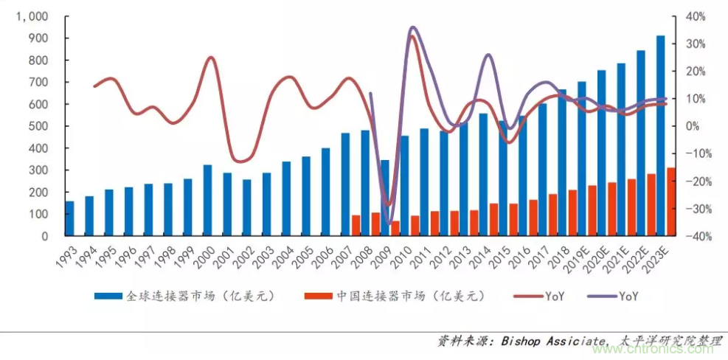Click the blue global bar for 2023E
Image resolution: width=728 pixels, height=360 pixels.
[x=660, y=136]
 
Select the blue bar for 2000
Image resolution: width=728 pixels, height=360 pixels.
[x=207, y=200]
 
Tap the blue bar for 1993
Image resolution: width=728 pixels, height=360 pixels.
[x=69, y=218]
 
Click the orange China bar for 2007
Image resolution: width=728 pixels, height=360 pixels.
[x=356, y=226]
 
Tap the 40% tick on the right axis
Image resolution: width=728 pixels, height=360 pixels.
[x=696, y=16]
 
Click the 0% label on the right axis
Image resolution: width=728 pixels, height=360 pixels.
[x=693, y=126]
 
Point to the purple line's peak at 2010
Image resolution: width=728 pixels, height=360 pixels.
[x=412, y=27]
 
